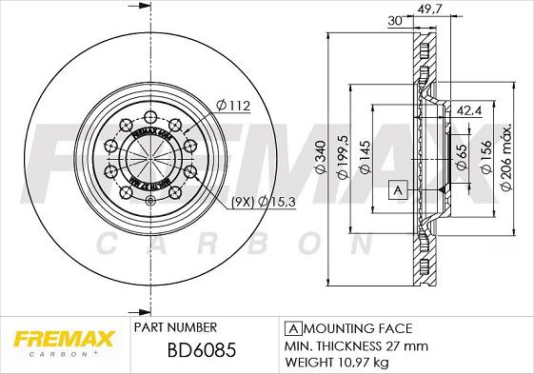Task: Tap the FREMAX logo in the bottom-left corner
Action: click(62, 338)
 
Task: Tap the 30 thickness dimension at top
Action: click(393, 20)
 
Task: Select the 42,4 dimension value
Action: click(467, 110)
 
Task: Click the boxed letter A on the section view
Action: click(399, 190)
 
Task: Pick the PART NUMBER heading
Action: click(178, 325)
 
